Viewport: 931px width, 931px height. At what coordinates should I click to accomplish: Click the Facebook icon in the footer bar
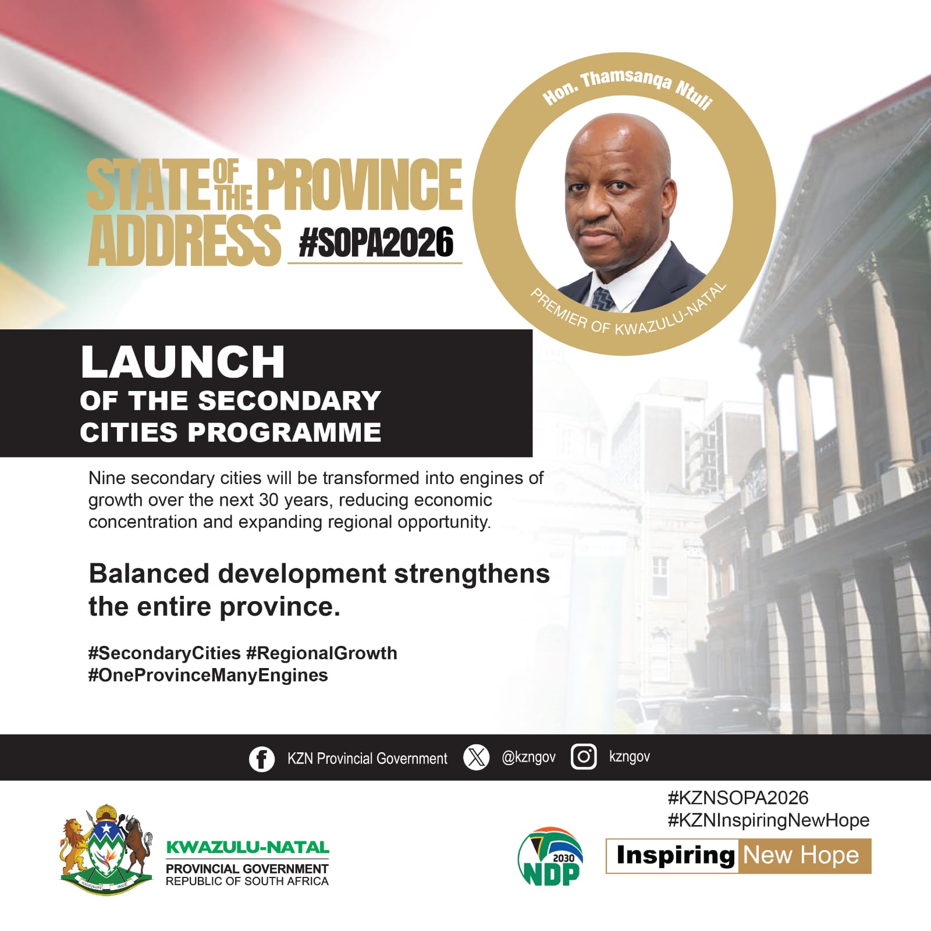(262, 759)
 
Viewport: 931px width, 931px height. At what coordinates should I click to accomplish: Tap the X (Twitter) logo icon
(476, 758)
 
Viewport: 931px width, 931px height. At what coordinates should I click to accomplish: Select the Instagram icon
(584, 757)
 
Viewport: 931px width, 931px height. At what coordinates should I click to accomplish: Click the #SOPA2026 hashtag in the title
(376, 242)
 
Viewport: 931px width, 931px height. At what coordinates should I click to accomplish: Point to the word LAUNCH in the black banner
(183, 362)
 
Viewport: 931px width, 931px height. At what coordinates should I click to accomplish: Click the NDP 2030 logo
(550, 857)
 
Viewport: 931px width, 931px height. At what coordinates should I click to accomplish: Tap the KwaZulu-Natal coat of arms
(106, 850)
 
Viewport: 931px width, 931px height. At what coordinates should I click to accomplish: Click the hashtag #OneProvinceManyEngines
(208, 675)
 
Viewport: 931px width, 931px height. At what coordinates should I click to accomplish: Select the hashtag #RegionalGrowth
(322, 653)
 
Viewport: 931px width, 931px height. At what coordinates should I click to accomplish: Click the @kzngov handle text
(528, 757)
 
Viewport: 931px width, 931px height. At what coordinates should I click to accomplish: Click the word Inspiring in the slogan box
(676, 856)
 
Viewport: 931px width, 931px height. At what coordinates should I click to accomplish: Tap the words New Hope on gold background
(801, 855)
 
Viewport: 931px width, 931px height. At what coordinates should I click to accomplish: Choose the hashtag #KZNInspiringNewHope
(769, 820)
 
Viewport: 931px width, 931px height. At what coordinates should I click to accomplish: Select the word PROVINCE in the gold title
(360, 184)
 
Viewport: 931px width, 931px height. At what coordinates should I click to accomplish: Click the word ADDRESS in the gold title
(184, 240)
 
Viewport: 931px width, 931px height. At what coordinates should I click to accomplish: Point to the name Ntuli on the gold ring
(694, 94)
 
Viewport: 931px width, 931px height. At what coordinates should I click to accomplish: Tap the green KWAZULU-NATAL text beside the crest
(247, 847)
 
